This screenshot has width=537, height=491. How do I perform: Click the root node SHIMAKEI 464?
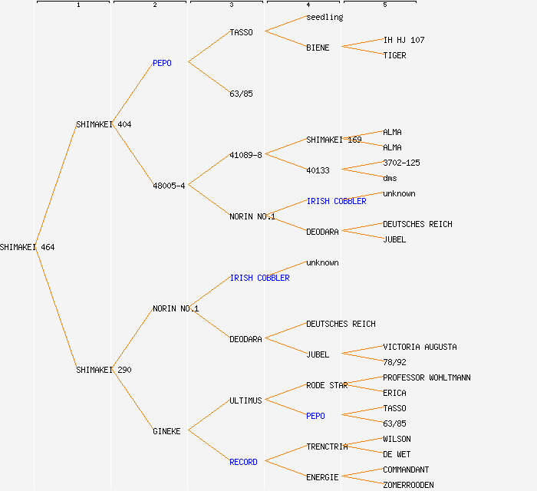28,247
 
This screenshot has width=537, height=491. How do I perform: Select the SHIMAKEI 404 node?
104,124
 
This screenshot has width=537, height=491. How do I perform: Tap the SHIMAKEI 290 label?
104,370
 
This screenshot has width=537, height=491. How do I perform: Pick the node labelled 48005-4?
169,186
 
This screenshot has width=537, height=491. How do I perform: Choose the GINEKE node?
166,431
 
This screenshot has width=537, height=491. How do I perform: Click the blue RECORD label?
243,462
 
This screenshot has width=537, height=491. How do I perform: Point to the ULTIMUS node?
245,400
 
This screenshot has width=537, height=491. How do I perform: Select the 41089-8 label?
245,155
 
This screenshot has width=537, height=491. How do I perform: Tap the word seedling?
325,17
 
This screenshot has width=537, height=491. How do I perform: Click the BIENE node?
318,48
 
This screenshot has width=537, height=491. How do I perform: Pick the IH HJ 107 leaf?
404,40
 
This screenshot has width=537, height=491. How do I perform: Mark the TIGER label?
394,55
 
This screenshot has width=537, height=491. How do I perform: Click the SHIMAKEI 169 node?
334,140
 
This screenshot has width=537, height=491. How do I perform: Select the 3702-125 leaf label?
401,163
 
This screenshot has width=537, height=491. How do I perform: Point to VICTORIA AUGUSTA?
420,347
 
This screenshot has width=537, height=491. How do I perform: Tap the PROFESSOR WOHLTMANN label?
427,377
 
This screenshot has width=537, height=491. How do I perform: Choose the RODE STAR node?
327,385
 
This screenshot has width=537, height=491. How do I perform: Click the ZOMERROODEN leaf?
408,485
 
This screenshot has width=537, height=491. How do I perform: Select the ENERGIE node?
322,477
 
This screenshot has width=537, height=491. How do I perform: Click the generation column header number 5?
385,5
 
